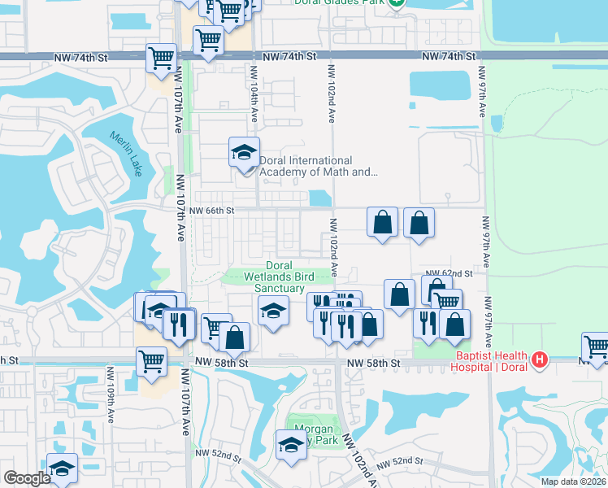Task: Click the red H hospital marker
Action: coord(538,359)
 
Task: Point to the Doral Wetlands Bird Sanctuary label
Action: coord(280,277)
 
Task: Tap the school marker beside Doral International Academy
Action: coord(243,153)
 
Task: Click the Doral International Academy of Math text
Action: coord(317,166)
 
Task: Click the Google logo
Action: coord(27,478)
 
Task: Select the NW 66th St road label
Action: coord(212,210)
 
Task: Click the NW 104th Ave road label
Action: coord(253,107)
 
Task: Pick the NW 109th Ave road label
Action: coord(110,394)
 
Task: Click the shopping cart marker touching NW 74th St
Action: coord(162,59)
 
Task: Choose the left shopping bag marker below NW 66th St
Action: coord(382,222)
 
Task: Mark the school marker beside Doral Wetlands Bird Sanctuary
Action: coord(272,311)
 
